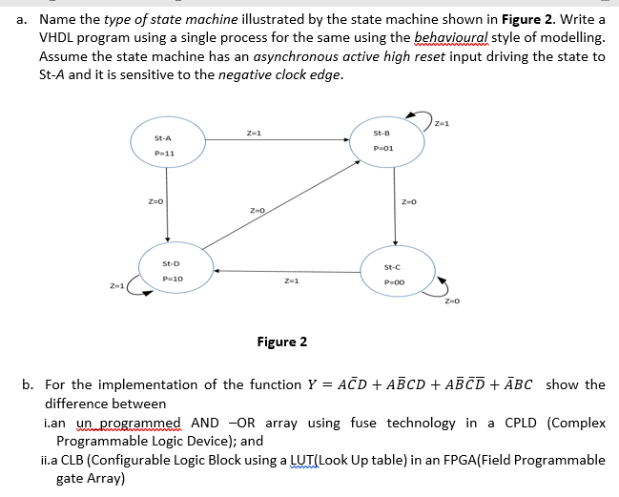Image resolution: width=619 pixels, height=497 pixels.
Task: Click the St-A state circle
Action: point(167,145)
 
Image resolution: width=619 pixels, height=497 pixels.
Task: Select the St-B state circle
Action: point(384,141)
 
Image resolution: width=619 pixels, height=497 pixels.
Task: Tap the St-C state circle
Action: point(393,274)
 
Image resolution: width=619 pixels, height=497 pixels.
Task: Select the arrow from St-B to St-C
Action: point(392,208)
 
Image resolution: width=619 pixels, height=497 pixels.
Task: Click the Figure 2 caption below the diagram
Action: point(282,342)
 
